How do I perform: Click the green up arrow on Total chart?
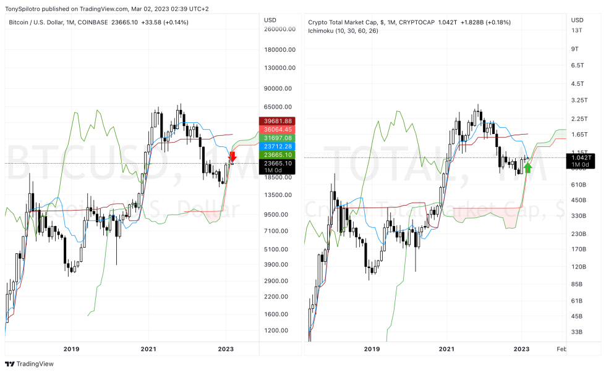527,166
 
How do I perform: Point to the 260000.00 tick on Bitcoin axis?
278,29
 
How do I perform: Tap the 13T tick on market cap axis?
576,30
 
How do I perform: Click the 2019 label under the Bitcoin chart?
72,348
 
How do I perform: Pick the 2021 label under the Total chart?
446,348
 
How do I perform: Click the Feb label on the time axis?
561,348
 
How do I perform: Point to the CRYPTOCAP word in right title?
416,22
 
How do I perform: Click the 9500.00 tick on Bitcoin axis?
276,215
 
